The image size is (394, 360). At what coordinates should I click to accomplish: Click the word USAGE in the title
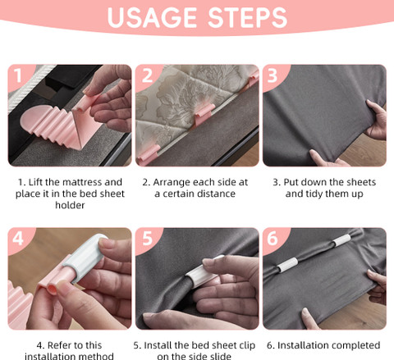pos(152,18)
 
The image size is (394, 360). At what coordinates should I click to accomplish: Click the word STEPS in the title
pos(248,18)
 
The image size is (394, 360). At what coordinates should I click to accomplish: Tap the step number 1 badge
pos(18,75)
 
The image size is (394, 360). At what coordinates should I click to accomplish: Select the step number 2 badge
pos(147,75)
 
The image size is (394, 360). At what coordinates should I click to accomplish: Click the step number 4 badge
pos(18,239)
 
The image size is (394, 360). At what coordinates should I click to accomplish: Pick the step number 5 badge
pos(147,239)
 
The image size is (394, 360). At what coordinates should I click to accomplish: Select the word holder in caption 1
pos(70,205)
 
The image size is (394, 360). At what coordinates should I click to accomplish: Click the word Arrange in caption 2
pos(171,183)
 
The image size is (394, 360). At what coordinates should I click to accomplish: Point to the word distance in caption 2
pos(217,194)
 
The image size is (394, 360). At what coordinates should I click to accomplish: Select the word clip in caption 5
pos(247,346)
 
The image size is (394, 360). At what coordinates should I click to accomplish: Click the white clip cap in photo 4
pos(85,257)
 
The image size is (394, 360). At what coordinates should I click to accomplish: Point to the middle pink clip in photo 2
pos(204,113)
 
